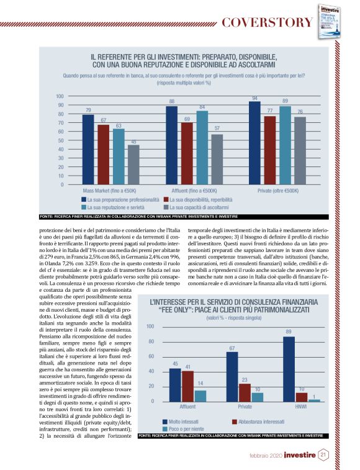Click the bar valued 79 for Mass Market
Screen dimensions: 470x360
pyautogui.click(x=88, y=150)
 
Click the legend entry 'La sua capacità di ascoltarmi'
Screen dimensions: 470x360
pyautogui.click(x=198, y=207)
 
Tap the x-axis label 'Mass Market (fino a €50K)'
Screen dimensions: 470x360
pyautogui.click(x=109, y=190)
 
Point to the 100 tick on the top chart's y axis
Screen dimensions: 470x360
pyautogui.click(x=60, y=96)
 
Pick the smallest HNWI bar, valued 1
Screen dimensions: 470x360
pyautogui.click(x=315, y=400)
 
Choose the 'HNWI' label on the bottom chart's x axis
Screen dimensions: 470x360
pyautogui.click(x=302, y=407)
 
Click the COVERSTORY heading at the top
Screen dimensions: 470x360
pyautogui.click(x=266, y=23)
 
